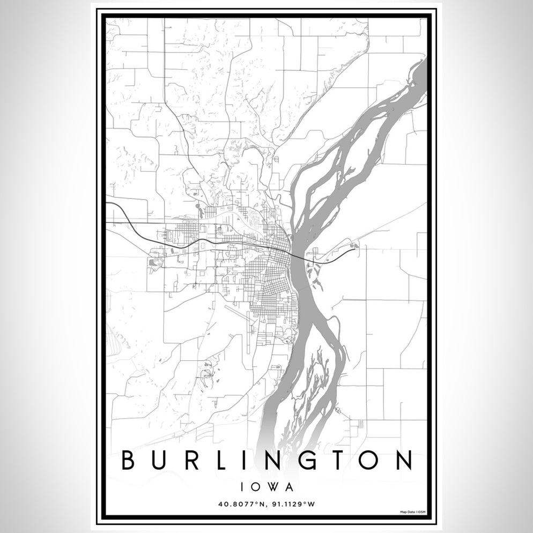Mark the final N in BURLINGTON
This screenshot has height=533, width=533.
(402, 461)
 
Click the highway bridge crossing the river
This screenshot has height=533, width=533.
(300, 256)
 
